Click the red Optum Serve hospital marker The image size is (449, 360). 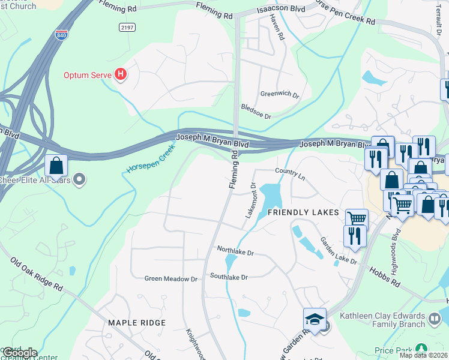click(x=121, y=75)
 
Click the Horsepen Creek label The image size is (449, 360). click(x=151, y=158)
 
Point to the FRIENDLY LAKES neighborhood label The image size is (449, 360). click(x=303, y=213)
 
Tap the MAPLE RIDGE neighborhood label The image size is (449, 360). click(x=136, y=323)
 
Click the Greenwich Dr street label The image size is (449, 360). click(x=279, y=94)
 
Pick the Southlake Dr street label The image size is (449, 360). click(x=229, y=277)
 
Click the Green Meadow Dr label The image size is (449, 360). click(x=171, y=279)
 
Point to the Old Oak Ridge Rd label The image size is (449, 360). click(x=37, y=274)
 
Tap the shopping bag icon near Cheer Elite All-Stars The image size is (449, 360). click(x=56, y=166)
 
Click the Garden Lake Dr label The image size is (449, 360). click(x=338, y=251)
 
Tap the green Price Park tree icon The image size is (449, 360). click(x=421, y=348)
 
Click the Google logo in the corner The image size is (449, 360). click(x=19, y=353)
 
